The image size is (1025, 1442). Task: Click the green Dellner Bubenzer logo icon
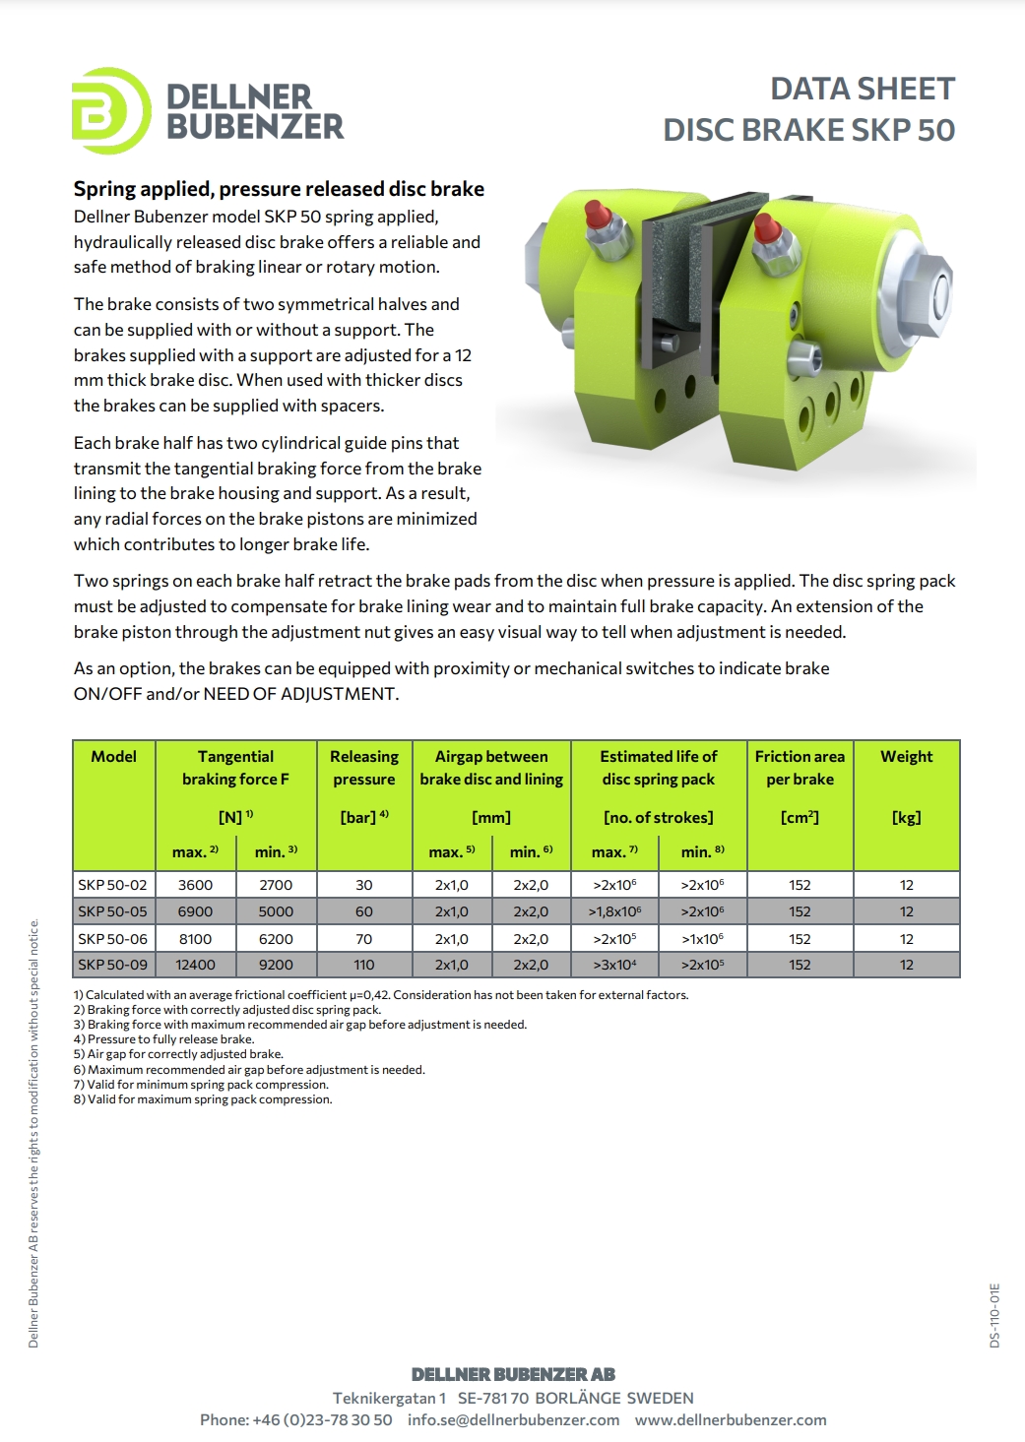110,110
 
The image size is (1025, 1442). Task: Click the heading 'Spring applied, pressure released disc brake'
279,189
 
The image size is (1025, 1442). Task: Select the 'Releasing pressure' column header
364,768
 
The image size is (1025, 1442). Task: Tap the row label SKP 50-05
112,911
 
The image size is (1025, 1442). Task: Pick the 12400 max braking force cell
195,965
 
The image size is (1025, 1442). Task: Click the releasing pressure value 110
364,965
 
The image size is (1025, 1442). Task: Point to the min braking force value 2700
276,885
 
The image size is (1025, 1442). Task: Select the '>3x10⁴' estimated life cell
614,965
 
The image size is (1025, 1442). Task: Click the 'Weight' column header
906,756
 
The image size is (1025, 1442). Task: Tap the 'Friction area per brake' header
800,768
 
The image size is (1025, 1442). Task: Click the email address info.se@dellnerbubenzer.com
513,1419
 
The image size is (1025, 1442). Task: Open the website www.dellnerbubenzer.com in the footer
731,1419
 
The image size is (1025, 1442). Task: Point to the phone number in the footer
296,1419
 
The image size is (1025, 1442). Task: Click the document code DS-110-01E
994,1315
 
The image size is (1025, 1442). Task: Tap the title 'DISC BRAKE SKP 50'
808,130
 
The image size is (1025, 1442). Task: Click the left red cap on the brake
596,214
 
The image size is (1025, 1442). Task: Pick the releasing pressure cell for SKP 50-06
364,939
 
